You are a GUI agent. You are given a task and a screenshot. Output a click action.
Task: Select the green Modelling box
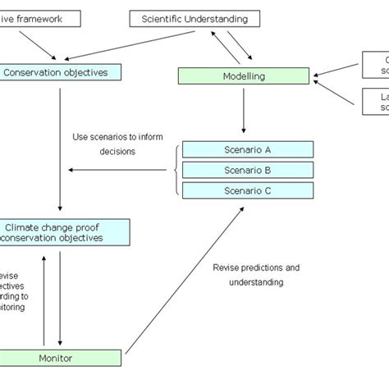click(244, 76)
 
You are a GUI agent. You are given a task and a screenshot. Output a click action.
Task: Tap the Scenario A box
click(247, 149)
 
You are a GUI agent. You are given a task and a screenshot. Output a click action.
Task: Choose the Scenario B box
click(247, 170)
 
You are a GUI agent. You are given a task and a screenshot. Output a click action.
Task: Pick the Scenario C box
click(247, 190)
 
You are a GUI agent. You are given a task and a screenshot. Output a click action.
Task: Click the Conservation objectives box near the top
click(61, 72)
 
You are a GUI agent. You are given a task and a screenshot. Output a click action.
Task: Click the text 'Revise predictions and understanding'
click(256, 275)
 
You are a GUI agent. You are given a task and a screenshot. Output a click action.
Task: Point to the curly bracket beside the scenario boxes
click(176, 170)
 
